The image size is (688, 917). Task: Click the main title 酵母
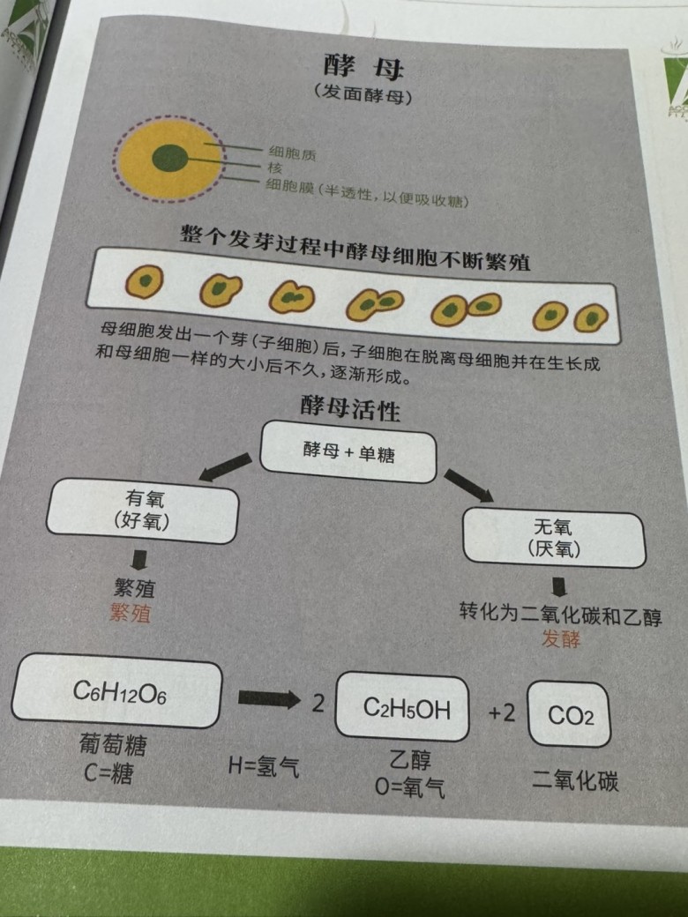(x=363, y=67)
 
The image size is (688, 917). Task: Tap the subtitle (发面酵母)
(x=363, y=93)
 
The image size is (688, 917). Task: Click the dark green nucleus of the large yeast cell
(x=169, y=158)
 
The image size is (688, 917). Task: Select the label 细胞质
(x=292, y=153)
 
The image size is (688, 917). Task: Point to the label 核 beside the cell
(x=275, y=168)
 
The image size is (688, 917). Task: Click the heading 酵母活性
(x=350, y=407)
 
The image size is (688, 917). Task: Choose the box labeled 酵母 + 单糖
(x=348, y=452)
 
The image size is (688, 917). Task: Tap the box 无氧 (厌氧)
(x=554, y=539)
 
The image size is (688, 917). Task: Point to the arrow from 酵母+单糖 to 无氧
(x=468, y=486)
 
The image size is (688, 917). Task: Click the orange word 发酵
(x=561, y=638)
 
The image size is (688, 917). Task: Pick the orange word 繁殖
(x=131, y=614)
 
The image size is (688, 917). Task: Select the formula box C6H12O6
(x=116, y=691)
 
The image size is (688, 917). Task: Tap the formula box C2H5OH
(x=402, y=707)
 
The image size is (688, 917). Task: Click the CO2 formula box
(x=569, y=715)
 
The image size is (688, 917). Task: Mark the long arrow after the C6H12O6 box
(x=269, y=698)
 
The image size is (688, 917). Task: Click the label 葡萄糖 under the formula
(x=113, y=744)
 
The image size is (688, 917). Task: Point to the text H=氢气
(x=264, y=765)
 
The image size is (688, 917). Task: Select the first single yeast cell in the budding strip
(x=144, y=281)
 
